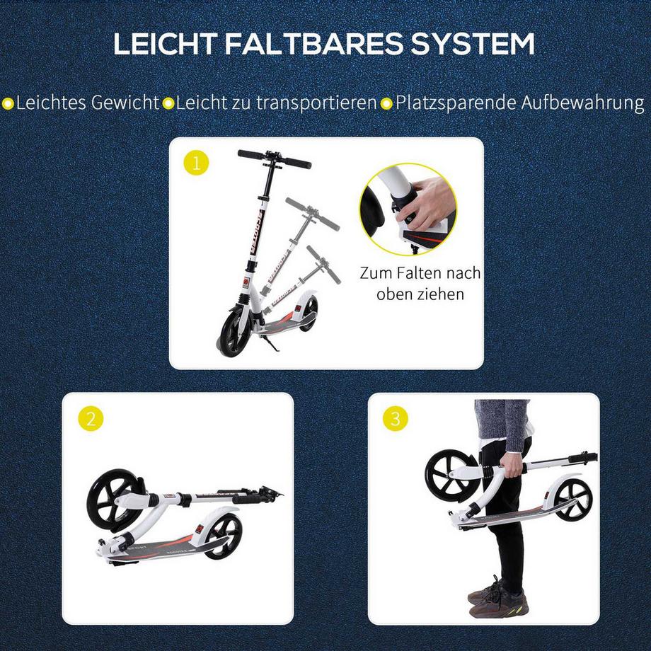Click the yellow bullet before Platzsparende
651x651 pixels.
[x=386, y=103]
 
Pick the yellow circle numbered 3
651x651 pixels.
[x=395, y=419]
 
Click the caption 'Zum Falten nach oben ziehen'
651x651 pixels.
[x=420, y=283]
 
